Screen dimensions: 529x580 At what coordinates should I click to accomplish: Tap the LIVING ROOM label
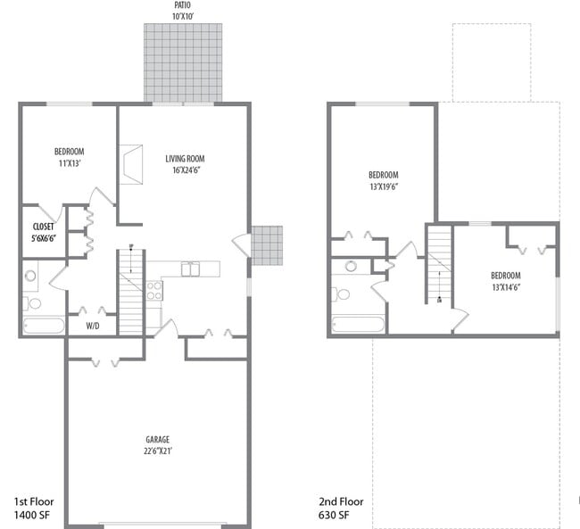[190, 164]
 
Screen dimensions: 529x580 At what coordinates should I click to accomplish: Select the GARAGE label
[157, 444]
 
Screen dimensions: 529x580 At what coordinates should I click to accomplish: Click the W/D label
[93, 326]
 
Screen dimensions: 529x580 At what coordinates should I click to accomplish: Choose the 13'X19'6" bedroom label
[383, 180]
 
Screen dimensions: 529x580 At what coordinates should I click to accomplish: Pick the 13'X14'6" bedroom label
[505, 282]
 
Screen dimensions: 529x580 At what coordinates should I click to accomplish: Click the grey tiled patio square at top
[183, 62]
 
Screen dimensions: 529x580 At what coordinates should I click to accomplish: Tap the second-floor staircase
[439, 264]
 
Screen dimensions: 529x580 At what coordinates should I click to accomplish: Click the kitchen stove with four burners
[153, 289]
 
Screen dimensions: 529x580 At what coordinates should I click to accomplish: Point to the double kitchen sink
[191, 269]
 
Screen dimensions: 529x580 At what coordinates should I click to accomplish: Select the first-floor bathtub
[44, 325]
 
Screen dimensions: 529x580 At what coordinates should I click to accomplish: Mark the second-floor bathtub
[356, 324]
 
